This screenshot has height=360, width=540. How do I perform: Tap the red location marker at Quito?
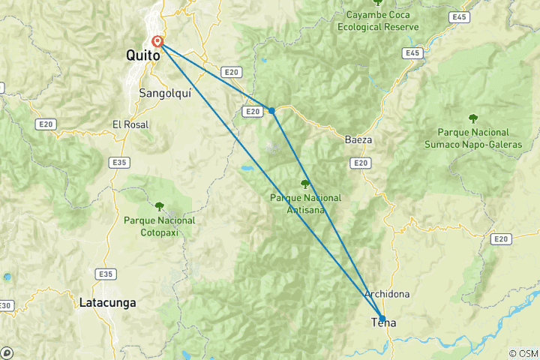pyautogui.click(x=157, y=42)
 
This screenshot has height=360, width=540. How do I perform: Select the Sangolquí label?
pyautogui.click(x=163, y=94)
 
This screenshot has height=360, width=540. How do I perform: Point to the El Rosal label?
pyautogui.click(x=130, y=124)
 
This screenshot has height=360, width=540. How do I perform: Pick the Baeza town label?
pyautogui.click(x=358, y=140)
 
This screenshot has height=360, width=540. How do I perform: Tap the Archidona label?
pyautogui.click(x=386, y=294)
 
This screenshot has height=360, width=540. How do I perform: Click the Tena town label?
pyautogui.click(x=384, y=323)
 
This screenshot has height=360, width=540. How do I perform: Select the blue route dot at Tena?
pyautogui.click(x=382, y=318)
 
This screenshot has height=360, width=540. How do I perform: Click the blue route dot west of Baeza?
pyautogui.click(x=271, y=110)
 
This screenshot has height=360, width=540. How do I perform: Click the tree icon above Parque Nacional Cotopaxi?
pyautogui.click(x=159, y=204)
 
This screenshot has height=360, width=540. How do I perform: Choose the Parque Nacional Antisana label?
pyautogui.click(x=305, y=203)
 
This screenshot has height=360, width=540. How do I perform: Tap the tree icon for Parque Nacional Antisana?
pyautogui.click(x=304, y=184)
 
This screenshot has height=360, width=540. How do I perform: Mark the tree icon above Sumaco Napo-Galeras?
pyautogui.click(x=473, y=118)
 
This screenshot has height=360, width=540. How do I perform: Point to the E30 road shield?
pyautogui.click(x=4, y=305)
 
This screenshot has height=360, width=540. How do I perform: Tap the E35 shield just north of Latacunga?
pyautogui.click(x=106, y=274)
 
